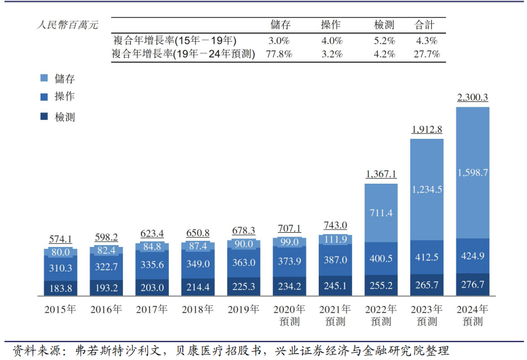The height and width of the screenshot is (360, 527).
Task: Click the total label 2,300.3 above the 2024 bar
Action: point(472,97)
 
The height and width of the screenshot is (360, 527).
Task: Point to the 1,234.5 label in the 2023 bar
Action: point(427,189)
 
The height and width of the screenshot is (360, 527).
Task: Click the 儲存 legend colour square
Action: point(44,79)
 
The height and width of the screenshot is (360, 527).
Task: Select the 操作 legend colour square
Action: point(44,97)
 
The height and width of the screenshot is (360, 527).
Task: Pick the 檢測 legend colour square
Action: point(44,117)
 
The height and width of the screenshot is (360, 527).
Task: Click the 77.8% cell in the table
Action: point(279,54)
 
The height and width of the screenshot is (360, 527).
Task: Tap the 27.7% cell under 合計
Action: point(426,54)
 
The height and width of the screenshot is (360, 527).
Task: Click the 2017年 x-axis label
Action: point(152,309)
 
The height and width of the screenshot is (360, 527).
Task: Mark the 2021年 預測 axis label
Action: point(335,315)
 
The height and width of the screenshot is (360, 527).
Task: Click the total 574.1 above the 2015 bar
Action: point(61,240)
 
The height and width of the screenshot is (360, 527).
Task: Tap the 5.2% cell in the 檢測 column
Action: point(385,41)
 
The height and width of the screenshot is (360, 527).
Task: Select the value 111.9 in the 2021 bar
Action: point(336,240)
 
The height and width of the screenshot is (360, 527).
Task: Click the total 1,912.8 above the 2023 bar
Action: point(427,129)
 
